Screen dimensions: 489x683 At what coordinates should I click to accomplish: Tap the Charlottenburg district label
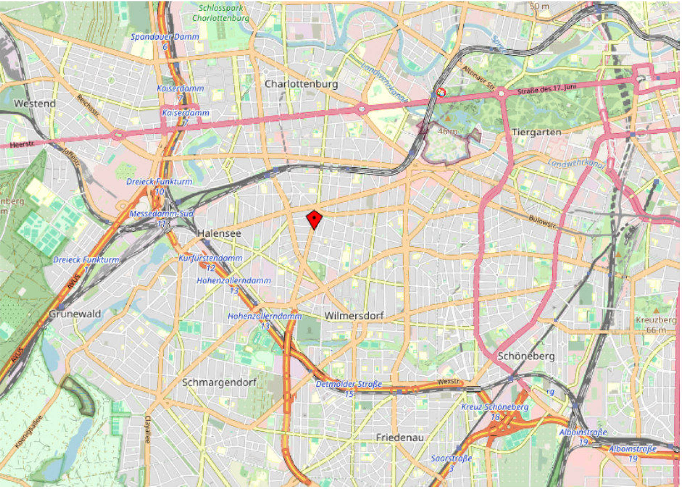pos(301,84)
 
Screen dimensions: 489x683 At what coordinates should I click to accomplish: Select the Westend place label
pos(35,104)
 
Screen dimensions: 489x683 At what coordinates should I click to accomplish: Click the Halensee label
pos(219,233)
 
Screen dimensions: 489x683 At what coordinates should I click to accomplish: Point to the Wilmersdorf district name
pos(354,316)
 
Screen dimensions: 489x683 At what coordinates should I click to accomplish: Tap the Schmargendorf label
pos(219,383)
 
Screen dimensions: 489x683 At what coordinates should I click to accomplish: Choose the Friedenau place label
pos(400,438)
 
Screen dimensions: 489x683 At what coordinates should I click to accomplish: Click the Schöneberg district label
pos(526,356)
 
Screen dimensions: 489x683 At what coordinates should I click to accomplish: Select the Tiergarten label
pos(536,133)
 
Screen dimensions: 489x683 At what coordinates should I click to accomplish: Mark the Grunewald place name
pos(75,314)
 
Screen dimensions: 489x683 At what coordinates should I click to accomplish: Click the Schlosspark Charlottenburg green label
pos(221,13)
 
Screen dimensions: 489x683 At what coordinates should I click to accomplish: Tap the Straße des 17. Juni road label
pos(547,88)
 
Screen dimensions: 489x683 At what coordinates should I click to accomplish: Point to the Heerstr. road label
pos(22,145)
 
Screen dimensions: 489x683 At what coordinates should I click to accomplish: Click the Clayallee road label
pos(148,430)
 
